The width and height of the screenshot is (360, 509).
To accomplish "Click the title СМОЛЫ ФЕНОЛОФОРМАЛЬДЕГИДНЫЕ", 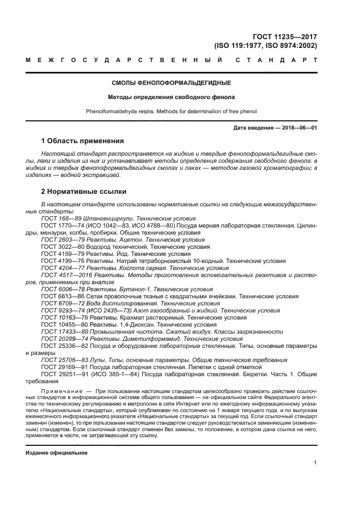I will coord(171,83).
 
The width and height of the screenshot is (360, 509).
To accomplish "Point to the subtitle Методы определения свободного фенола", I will coord(171,97).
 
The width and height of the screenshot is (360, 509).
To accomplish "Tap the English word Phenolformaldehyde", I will coord(113,112).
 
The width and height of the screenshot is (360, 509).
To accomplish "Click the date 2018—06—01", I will coord(298,127).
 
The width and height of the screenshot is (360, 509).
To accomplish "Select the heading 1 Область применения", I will coord(82,140).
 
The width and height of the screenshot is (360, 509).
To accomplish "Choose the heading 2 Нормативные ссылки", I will coord(84,192).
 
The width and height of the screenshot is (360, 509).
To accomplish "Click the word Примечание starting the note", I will coord(62,391).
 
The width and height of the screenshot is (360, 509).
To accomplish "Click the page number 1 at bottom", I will coord(315,463).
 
